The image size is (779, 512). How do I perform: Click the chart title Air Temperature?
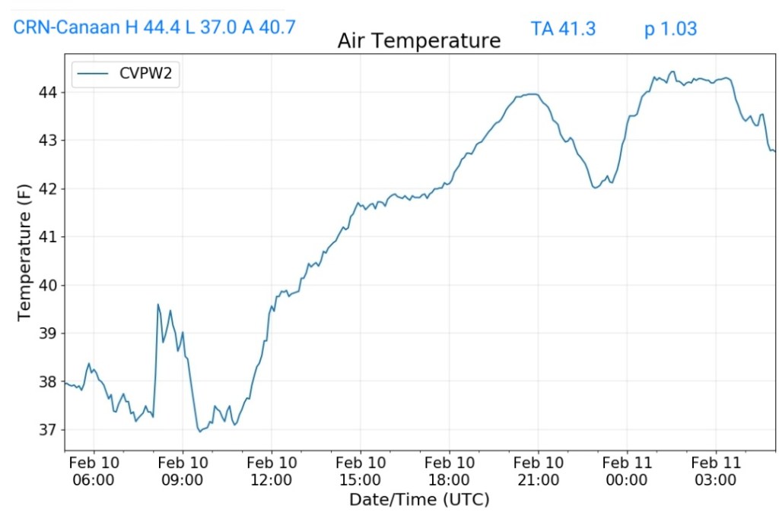click(419, 40)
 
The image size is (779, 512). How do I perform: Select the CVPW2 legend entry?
click(126, 75)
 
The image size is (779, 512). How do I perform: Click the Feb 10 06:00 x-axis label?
click(94, 471)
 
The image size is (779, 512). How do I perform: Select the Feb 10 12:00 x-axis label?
click(272, 471)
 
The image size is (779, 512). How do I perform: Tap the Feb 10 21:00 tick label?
click(538, 471)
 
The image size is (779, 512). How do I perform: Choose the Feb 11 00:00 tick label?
click(627, 471)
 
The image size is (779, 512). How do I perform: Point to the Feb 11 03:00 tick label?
click(716, 471)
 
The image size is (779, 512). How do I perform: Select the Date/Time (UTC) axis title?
click(419, 500)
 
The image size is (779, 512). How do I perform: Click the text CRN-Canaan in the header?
click(67, 28)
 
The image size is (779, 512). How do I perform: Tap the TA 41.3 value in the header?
click(563, 29)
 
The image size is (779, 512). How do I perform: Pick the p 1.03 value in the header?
click(670, 29)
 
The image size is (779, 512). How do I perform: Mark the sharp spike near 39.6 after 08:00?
click(158, 305)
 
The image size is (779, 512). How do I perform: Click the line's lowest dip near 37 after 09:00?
click(200, 431)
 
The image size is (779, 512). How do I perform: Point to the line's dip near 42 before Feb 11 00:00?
click(595, 187)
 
